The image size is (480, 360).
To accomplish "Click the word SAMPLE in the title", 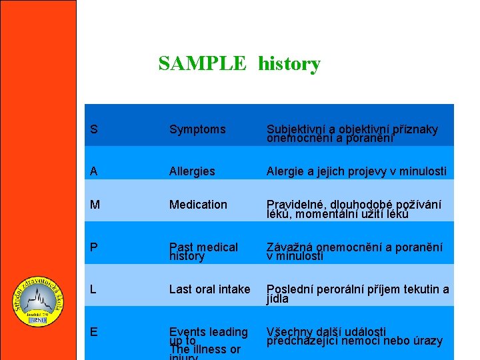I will tap(202, 64).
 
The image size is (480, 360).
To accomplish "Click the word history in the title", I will tap(289, 65).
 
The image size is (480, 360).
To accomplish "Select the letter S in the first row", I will tap(93, 129).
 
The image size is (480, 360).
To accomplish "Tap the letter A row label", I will tap(93, 171).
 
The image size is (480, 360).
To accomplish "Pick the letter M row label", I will tap(95, 205).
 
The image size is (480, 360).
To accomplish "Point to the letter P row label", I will tap(93, 247).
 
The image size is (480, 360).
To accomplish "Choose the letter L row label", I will tap(93, 289).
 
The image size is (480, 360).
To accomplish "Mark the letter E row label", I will tap(93, 331).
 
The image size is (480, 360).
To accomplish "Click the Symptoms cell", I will tap(197, 129).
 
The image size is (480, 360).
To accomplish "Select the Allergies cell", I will tap(192, 171).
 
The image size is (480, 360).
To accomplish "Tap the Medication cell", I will tap(198, 205).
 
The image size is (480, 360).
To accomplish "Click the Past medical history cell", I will tap(203, 251).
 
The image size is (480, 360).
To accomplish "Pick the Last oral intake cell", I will tap(209, 289).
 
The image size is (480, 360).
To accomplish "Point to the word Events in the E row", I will tap(187, 331).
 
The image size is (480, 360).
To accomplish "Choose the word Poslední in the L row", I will tap(290, 289).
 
